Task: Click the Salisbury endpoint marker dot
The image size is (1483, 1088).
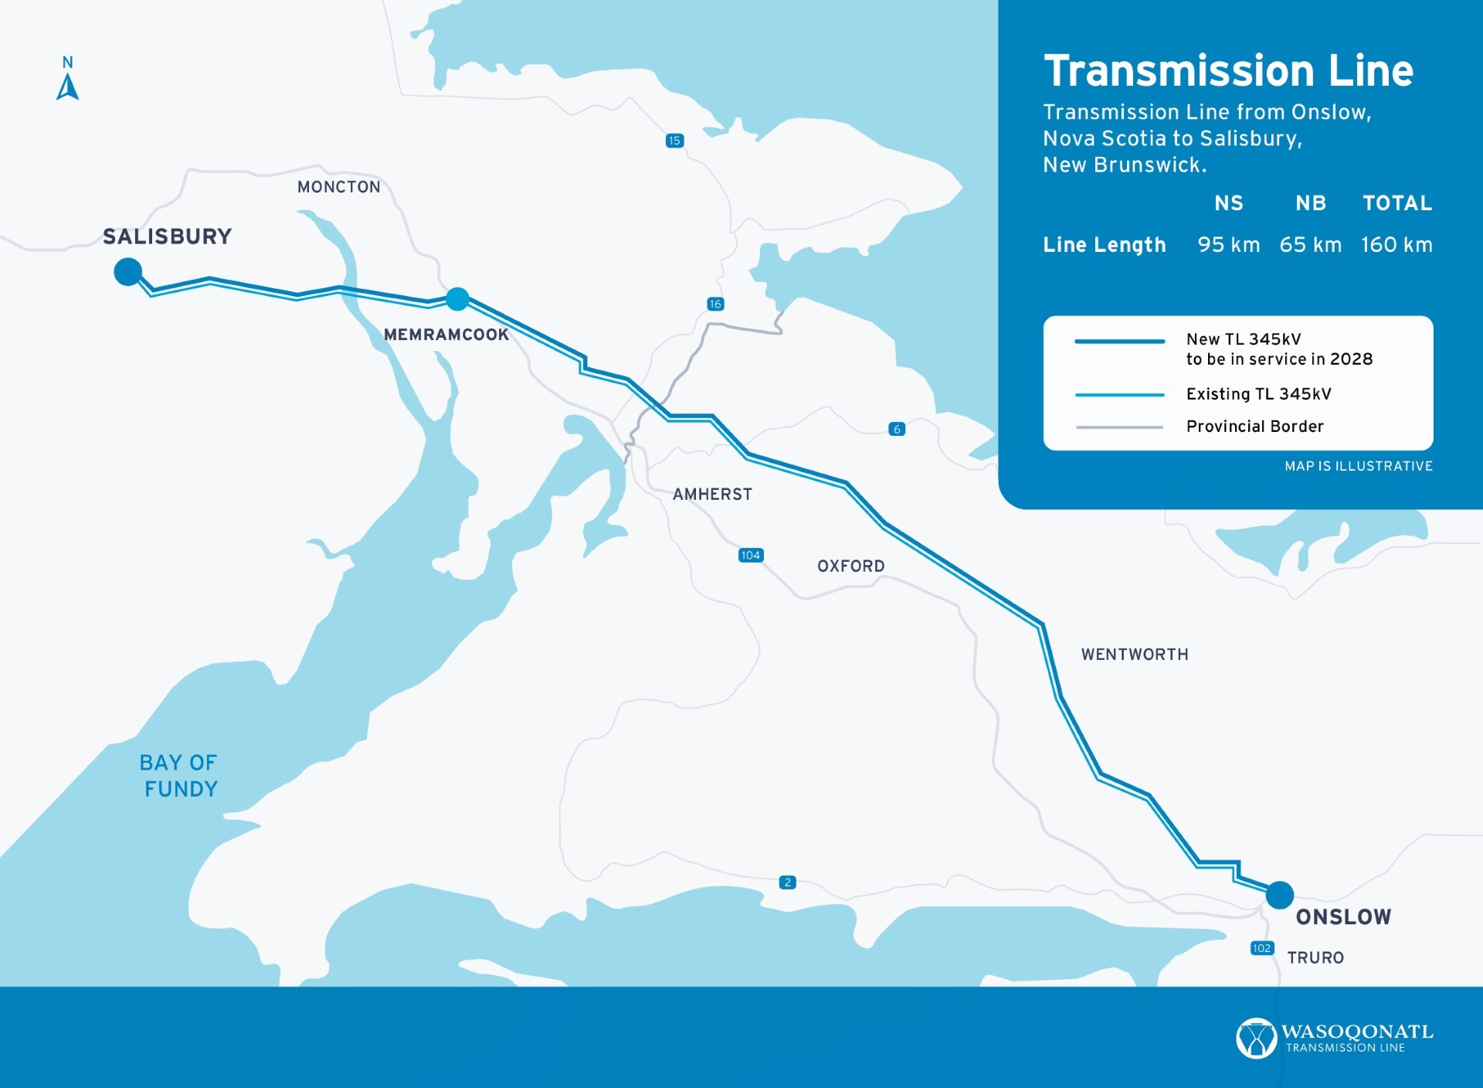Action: (127, 272)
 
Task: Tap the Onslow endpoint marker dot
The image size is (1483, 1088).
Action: (1279, 895)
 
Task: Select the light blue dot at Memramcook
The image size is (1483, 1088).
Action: (457, 298)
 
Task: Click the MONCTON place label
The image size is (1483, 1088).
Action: (338, 187)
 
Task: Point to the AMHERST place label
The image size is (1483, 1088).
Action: (712, 495)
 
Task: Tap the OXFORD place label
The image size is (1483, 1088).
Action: (850, 566)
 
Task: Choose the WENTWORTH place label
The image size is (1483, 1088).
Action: (1134, 654)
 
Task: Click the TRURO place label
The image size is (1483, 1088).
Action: (1315, 958)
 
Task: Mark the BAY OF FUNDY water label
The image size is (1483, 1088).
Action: (179, 776)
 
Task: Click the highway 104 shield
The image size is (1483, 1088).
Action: (750, 556)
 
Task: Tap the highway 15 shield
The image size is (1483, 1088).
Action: (674, 141)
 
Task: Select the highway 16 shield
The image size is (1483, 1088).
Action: (715, 304)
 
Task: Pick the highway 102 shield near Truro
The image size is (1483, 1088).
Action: (1261, 948)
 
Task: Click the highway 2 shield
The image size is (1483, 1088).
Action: (787, 882)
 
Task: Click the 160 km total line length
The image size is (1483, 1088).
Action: (1396, 245)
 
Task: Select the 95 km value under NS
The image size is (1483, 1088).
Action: (1228, 245)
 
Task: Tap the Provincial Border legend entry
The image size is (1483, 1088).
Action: (1254, 427)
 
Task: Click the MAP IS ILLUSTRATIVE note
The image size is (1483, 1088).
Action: (1358, 466)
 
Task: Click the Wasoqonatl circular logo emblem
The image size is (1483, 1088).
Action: (1255, 1038)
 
